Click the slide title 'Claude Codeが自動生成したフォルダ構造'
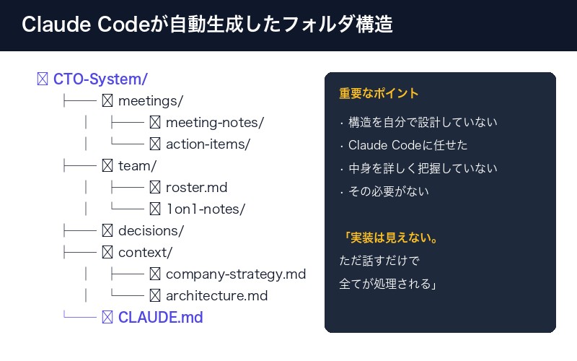coord(207,25)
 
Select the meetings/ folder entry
coord(150,100)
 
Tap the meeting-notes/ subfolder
coord(214,122)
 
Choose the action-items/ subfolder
coord(207,144)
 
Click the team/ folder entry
coord(137,165)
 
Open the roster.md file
coord(196,188)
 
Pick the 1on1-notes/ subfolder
coord(206,209)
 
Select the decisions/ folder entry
coord(151,231)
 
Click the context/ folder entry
coord(145,253)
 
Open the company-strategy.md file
coord(235,274)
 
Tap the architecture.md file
coord(216,296)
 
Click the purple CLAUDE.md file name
coord(160,318)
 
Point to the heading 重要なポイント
coord(379,95)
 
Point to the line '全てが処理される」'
coord(390,284)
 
